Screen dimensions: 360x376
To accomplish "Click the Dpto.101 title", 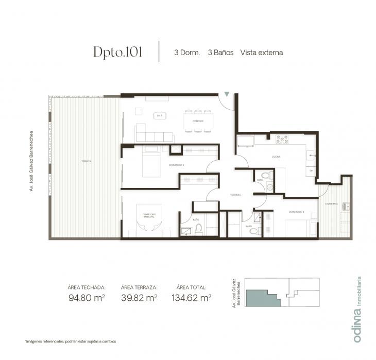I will (117, 52).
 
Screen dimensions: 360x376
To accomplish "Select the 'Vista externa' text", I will (261, 53).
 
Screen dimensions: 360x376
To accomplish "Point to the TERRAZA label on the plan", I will (86, 161).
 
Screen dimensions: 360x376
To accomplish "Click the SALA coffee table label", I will (159, 116).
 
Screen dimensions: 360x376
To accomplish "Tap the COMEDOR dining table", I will (198, 122).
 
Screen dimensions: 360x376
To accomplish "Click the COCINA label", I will (276, 156).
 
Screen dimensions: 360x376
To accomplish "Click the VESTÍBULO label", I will (236, 195).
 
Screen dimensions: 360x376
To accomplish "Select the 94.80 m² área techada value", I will (87, 297).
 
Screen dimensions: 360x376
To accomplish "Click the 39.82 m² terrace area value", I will (139, 297).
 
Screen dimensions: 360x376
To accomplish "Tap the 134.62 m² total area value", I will (191, 297).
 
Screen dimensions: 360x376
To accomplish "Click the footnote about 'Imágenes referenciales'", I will (70, 341).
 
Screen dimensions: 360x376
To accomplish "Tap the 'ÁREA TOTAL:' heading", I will (191, 287).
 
